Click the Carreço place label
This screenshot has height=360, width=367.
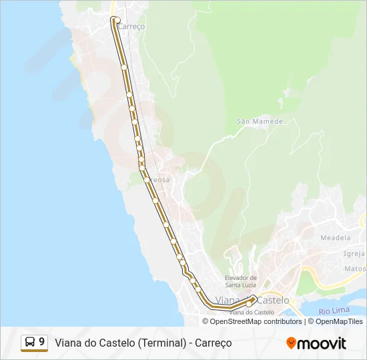pos(131,26)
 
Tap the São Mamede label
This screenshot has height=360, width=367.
pos(260,121)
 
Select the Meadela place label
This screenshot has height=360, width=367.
pos(335,237)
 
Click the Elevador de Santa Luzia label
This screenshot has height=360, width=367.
pos(241,281)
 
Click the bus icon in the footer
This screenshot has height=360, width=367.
pos(30,343)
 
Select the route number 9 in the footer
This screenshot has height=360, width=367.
pos(42,343)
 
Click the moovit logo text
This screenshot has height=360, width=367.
pos(322,343)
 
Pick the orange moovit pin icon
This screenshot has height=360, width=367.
pos(291,343)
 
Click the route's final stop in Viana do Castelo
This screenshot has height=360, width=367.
pos(250,303)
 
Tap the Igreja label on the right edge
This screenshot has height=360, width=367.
pos(354,253)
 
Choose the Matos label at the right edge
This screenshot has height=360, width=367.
pos(355,269)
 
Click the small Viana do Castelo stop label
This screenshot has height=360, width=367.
pos(252,312)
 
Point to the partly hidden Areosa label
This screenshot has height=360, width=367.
pos(159,180)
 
